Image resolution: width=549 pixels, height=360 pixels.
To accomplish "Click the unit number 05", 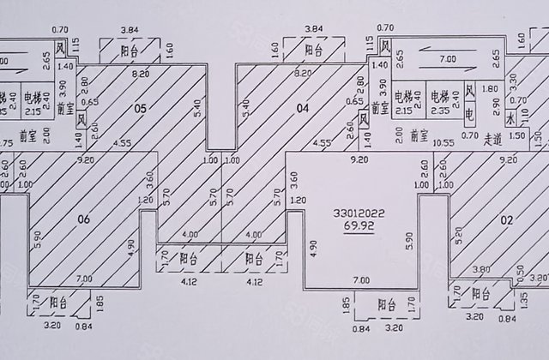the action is coord(142,108).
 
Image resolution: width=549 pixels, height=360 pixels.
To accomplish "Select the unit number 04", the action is coord(302,108).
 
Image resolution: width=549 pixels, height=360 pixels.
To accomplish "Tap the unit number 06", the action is coord(83,220).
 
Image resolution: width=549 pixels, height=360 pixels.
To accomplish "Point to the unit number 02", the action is coord(507,220).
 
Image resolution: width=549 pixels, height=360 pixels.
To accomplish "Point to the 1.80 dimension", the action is coord(490,87).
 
